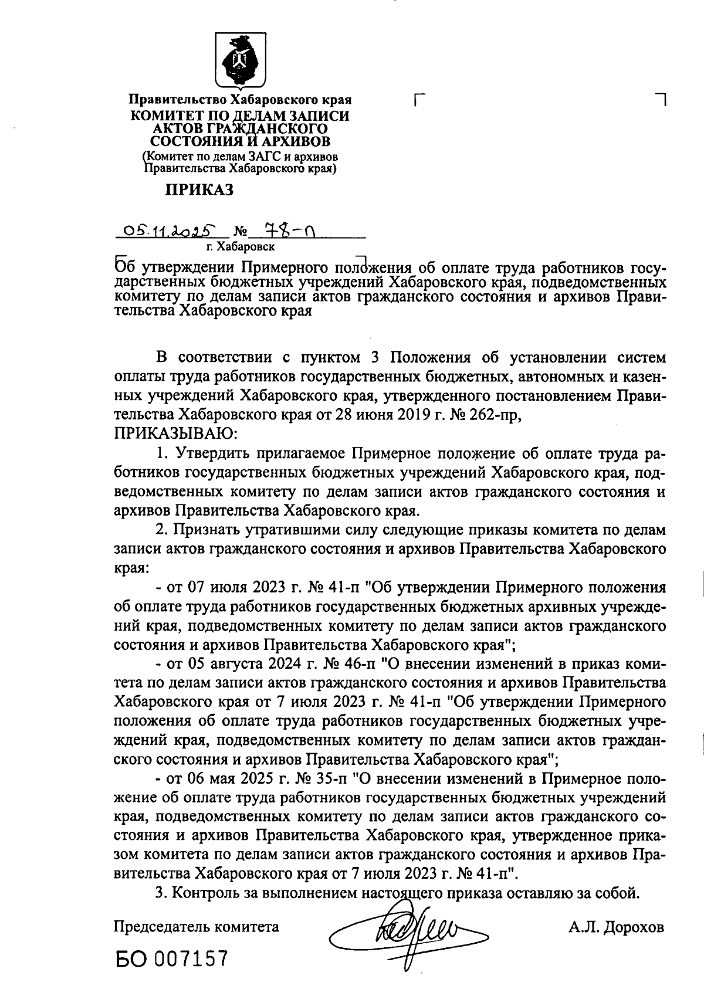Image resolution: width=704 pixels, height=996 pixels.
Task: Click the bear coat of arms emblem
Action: click(239, 60)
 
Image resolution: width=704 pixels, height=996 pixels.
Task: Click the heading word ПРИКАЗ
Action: click(201, 190)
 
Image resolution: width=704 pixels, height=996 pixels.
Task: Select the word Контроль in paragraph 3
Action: click(205, 893)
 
